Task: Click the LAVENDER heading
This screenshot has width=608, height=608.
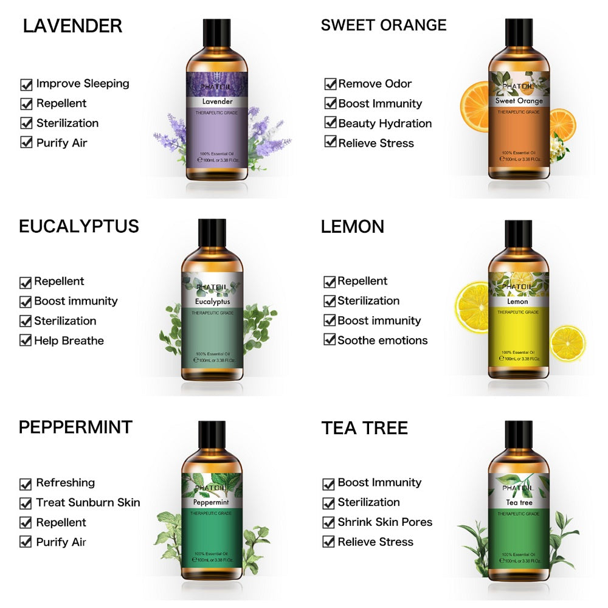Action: tap(72, 26)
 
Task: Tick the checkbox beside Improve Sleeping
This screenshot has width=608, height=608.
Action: tap(26, 85)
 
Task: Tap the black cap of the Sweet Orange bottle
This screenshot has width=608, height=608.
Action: tap(519, 31)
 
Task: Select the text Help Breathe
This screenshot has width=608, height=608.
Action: tap(69, 340)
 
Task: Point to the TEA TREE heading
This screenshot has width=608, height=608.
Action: tap(364, 428)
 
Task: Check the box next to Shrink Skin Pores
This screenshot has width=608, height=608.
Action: tap(329, 522)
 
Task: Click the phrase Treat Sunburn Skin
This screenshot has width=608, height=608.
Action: tap(88, 502)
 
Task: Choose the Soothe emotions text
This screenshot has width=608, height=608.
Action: tap(382, 340)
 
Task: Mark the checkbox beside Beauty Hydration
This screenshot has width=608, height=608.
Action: tap(330, 123)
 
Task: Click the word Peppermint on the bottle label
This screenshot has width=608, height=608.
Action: tap(212, 503)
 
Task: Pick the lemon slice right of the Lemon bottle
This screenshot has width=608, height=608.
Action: tap(567, 344)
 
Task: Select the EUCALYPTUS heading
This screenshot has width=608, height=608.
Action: tap(79, 227)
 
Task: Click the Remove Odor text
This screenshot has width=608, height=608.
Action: tap(375, 84)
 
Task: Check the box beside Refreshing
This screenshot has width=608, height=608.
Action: tap(26, 484)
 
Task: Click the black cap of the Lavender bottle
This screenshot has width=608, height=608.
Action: tap(216, 31)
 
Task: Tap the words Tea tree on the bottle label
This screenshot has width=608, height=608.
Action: tap(519, 503)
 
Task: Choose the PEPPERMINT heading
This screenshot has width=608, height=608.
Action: tap(75, 427)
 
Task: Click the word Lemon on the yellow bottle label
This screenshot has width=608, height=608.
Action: tap(517, 301)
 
